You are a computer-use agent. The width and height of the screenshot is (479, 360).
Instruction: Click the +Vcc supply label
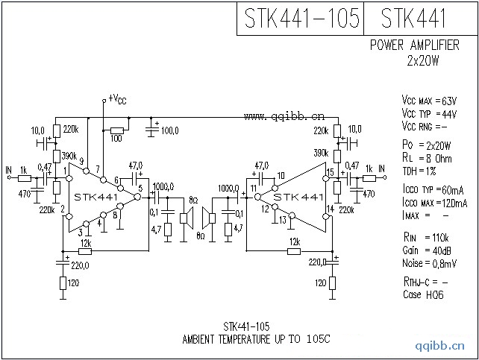(x=117, y=98)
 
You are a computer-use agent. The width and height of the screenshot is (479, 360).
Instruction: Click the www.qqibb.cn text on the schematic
(x=284, y=116)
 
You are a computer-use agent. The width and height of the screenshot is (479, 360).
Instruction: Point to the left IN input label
(x=9, y=169)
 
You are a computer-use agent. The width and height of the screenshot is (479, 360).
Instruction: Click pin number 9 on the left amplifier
(x=81, y=163)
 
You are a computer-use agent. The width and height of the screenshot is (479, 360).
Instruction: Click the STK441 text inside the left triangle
(x=95, y=197)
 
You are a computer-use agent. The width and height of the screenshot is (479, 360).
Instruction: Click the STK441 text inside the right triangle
(x=298, y=197)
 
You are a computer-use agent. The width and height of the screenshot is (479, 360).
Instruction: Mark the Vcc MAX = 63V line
(x=428, y=100)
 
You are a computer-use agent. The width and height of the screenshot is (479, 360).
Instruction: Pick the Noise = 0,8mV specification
(x=431, y=264)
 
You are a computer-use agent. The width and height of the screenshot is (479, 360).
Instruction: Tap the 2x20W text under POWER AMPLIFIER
(x=424, y=60)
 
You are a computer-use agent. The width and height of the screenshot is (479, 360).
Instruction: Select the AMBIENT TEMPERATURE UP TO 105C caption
(x=256, y=338)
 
